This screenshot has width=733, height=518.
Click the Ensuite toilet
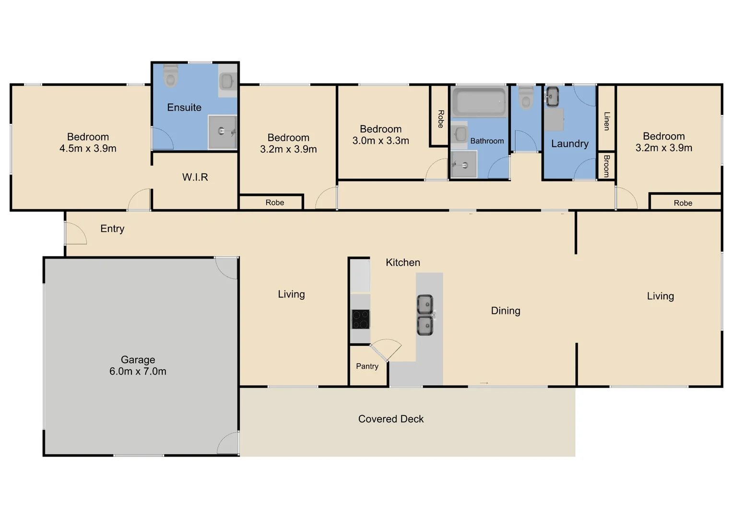(x=171, y=76)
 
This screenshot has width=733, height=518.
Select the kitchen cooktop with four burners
(x=360, y=319)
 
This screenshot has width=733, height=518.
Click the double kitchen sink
(x=425, y=315)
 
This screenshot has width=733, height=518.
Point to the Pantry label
(x=367, y=366)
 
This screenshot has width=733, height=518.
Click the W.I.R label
(x=195, y=177)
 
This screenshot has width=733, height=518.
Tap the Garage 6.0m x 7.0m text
(x=138, y=365)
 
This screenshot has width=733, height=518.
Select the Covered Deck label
(x=391, y=419)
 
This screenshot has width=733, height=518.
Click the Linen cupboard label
(x=606, y=121)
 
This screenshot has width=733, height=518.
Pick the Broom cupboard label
(x=606, y=166)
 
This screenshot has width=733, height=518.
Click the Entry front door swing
(x=76, y=234)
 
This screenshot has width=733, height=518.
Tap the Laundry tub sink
(x=552, y=96)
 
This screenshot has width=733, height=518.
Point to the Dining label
(x=506, y=311)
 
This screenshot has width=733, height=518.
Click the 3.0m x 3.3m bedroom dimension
(x=380, y=141)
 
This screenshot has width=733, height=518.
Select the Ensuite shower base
(x=222, y=132)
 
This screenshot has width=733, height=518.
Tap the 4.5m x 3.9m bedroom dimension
(x=88, y=149)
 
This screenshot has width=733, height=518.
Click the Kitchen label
(x=402, y=263)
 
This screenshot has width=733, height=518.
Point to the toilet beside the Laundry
(x=526, y=97)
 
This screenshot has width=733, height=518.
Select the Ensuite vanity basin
(x=227, y=81)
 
